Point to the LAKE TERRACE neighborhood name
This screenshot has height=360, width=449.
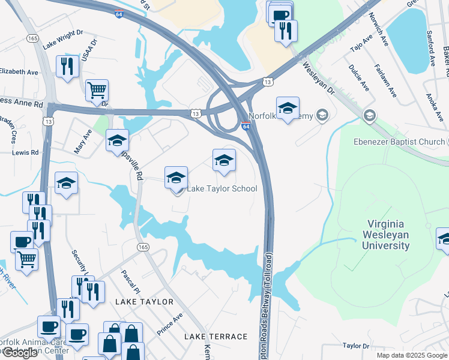[x=216, y=337]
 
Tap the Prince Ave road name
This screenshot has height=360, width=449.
[x=169, y=324]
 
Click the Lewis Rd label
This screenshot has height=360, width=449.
[x=26, y=152]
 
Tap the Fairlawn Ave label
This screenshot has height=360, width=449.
[x=385, y=81]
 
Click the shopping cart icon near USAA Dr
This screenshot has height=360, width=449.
[x=97, y=90]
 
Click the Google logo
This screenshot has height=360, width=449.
[x=19, y=353]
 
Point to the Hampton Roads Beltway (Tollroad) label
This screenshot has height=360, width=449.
[x=268, y=303]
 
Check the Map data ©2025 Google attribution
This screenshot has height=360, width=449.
[x=411, y=355]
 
